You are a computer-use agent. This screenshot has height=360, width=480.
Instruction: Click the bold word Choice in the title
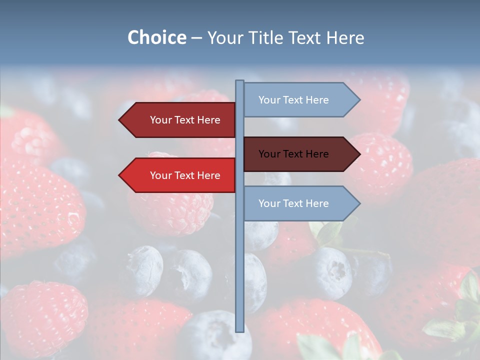156,37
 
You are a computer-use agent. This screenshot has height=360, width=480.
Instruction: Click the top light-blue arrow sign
295,100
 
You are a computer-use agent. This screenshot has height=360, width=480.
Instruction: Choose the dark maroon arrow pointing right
295,154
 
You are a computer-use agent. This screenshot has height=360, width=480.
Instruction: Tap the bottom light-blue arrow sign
295,203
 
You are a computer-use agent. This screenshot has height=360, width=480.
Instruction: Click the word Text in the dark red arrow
185,120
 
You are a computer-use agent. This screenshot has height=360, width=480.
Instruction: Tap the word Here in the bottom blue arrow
317,203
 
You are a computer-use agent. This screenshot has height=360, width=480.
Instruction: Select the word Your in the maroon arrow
269,154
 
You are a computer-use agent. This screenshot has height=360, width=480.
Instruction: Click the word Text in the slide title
306,37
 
